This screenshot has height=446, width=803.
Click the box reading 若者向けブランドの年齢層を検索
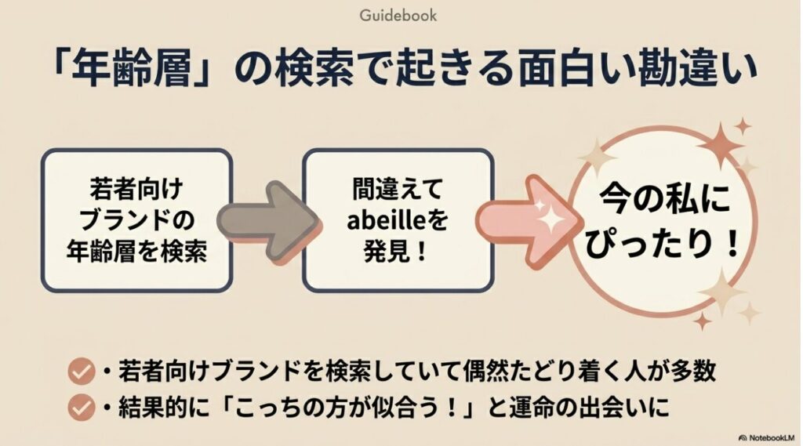point(136,221)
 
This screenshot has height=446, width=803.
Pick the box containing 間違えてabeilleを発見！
point(398,221)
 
